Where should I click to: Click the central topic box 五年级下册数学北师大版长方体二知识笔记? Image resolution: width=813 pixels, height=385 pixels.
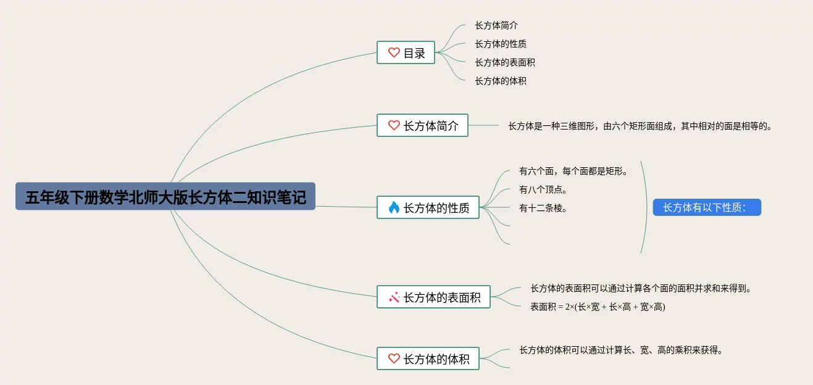tap(165, 197)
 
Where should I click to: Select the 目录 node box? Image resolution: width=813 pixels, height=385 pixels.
tap(406, 53)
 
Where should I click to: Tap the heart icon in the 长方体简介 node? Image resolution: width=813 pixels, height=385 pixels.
tap(394, 125)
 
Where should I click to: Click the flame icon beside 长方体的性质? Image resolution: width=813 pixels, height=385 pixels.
tap(394, 207)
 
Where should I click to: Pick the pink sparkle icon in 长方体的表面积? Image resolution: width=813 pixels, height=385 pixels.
tap(394, 297)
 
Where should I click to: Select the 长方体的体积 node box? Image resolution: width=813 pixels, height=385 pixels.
tap(428, 358)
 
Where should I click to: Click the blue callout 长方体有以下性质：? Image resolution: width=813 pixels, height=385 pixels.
tap(707, 207)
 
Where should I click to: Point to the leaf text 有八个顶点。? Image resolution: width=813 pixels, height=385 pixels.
tap(543, 189)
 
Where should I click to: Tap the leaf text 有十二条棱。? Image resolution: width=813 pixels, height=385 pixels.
tap(543, 208)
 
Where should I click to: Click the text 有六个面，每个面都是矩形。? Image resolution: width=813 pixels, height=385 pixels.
tap(573, 171)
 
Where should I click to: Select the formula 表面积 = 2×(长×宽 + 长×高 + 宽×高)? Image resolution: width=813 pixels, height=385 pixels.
tap(597, 307)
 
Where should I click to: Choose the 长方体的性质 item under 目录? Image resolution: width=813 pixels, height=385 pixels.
tap(500, 44)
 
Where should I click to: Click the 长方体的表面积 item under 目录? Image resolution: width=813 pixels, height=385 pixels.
tap(504, 62)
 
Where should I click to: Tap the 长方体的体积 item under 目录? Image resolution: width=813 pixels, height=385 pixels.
tap(500, 81)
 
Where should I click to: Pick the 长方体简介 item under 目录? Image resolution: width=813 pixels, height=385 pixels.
tap(496, 25)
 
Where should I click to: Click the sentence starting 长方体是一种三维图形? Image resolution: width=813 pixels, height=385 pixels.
tap(640, 126)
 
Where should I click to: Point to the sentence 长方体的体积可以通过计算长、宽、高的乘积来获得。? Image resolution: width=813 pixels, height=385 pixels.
tap(620, 350)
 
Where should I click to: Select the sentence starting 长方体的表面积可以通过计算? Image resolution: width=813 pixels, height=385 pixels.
tap(640, 288)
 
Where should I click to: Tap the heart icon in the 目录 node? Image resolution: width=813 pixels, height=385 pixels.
tap(394, 52)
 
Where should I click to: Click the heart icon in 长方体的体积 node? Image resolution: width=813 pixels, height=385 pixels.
tap(394, 358)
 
